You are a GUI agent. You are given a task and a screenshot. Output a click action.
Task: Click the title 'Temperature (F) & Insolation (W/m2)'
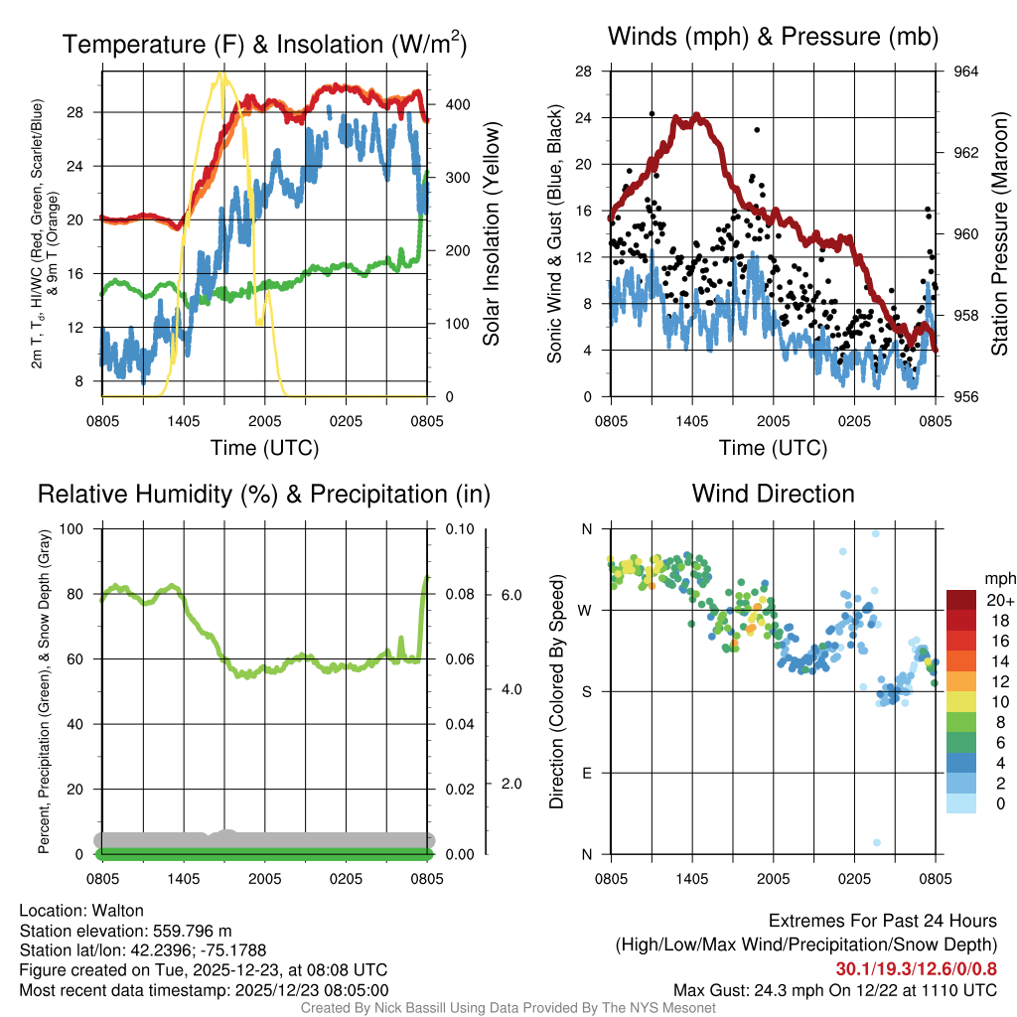[264, 44]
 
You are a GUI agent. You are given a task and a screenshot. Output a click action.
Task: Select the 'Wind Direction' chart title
[773, 494]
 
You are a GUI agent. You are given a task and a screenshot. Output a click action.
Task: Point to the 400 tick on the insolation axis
[455, 104]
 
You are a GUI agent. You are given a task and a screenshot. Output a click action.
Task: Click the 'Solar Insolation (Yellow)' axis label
[491, 234]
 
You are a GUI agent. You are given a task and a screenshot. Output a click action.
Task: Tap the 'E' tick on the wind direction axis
[587, 773]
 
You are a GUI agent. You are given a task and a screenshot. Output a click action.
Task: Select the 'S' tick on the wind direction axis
[587, 691]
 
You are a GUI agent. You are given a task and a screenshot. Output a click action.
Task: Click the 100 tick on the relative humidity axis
[72, 528]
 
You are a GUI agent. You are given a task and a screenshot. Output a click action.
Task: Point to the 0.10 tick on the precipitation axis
[459, 528]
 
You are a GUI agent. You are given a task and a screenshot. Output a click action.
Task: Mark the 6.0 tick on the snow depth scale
[510, 595]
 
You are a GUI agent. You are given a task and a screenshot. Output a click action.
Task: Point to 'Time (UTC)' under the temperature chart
[264, 448]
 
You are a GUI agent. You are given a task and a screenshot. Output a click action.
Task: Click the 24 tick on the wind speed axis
[584, 117]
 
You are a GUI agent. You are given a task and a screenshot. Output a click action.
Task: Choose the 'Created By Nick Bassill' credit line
[508, 1008]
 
